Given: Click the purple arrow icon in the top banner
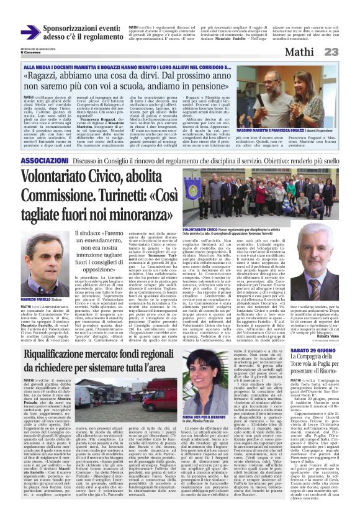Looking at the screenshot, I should [29, 32].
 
